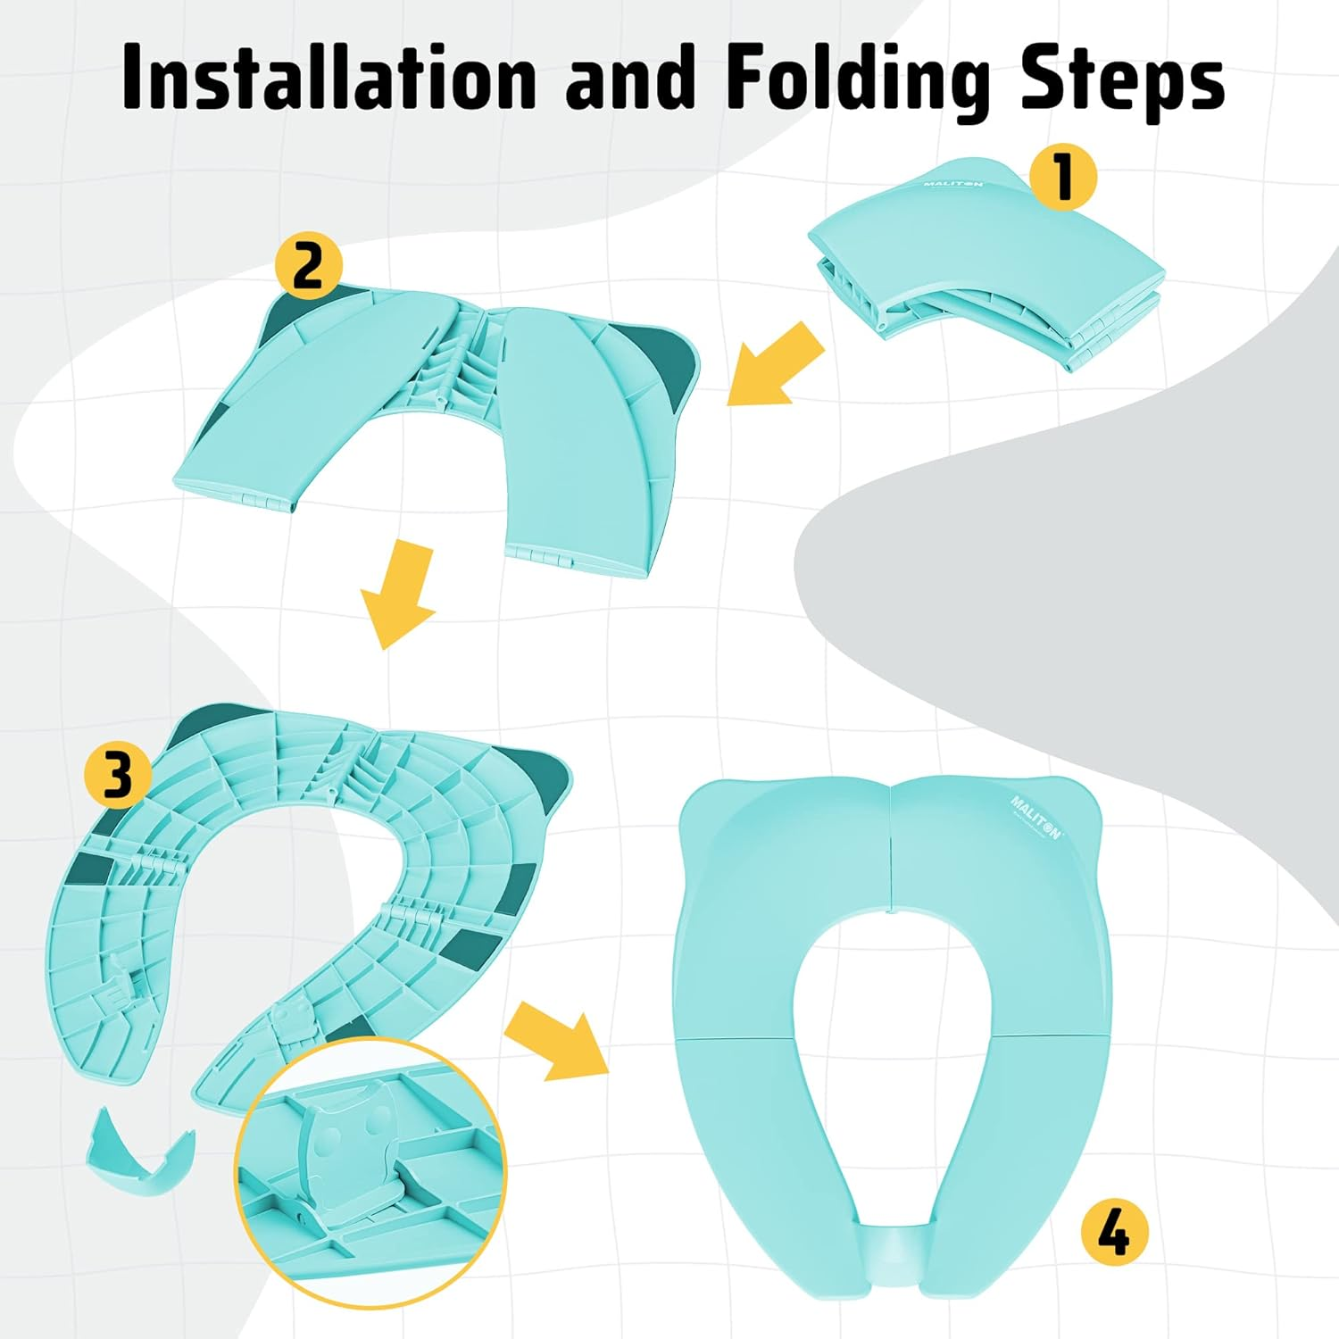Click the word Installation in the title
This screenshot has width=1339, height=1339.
click(x=329, y=79)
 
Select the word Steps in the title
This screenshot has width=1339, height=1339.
click(x=1122, y=79)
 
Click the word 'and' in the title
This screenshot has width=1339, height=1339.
click(x=630, y=79)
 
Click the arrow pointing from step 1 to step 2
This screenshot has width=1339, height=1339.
click(x=775, y=364)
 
